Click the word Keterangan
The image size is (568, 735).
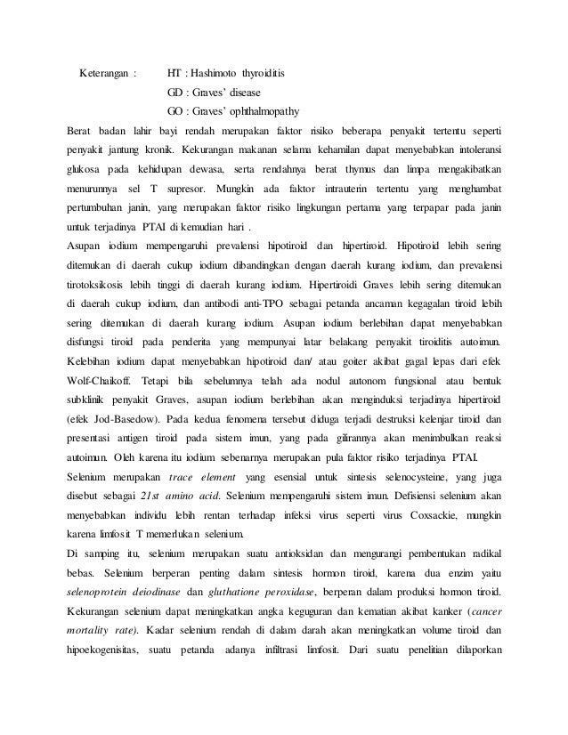pyautogui.click(x=104, y=72)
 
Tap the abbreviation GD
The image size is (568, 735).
pyautogui.click(x=176, y=92)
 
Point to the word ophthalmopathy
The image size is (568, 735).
pyautogui.click(x=262, y=111)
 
